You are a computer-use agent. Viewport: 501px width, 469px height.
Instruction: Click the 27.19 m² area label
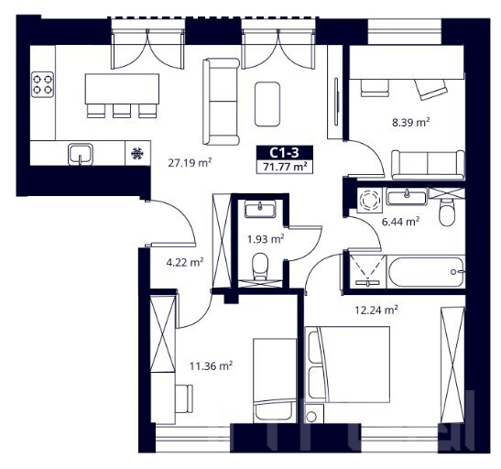click(x=190, y=163)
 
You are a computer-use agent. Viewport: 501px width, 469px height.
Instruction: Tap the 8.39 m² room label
click(x=410, y=122)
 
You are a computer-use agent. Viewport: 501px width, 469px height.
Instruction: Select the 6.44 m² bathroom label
click(x=400, y=221)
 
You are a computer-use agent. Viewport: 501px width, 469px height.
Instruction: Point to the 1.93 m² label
click(x=266, y=239)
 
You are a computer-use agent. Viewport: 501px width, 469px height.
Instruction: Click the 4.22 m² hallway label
click(x=185, y=263)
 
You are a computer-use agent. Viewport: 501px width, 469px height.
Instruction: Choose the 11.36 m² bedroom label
click(x=211, y=365)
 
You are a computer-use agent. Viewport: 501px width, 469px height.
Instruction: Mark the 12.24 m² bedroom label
click(x=376, y=310)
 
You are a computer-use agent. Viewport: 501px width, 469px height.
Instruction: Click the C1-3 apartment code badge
click(x=284, y=153)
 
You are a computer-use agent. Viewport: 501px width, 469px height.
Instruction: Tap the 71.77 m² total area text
click(x=285, y=167)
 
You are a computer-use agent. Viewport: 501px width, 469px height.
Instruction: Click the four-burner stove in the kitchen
click(x=42, y=84)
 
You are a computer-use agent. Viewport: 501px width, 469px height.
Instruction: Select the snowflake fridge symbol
click(x=137, y=154)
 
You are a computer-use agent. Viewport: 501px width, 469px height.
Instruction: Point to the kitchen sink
click(x=81, y=154)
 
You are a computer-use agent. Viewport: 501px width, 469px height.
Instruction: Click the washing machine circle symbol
click(x=370, y=201)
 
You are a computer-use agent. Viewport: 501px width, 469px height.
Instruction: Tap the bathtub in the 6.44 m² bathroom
click(x=426, y=272)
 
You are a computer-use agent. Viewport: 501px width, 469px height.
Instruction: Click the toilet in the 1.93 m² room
click(x=260, y=267)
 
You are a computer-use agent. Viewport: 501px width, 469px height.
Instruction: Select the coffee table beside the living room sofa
click(x=267, y=104)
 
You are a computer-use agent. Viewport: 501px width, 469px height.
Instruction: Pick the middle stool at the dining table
click(x=122, y=111)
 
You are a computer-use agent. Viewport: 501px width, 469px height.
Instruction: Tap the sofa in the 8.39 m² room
click(x=428, y=165)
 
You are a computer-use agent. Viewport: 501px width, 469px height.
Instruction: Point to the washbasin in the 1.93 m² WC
click(x=260, y=209)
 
